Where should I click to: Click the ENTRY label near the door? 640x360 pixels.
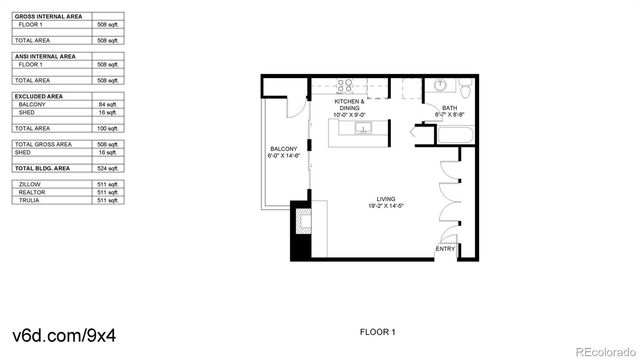445,249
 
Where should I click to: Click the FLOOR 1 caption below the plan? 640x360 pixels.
378,331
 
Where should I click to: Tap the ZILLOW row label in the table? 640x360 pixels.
30,184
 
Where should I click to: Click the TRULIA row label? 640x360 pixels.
29,200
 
